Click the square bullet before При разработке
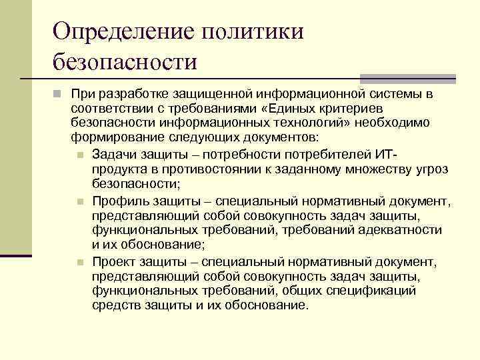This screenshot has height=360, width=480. tap(58, 93)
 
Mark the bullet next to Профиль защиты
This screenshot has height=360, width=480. tap(79, 200)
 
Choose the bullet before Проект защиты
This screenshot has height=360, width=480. tap(79, 262)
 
